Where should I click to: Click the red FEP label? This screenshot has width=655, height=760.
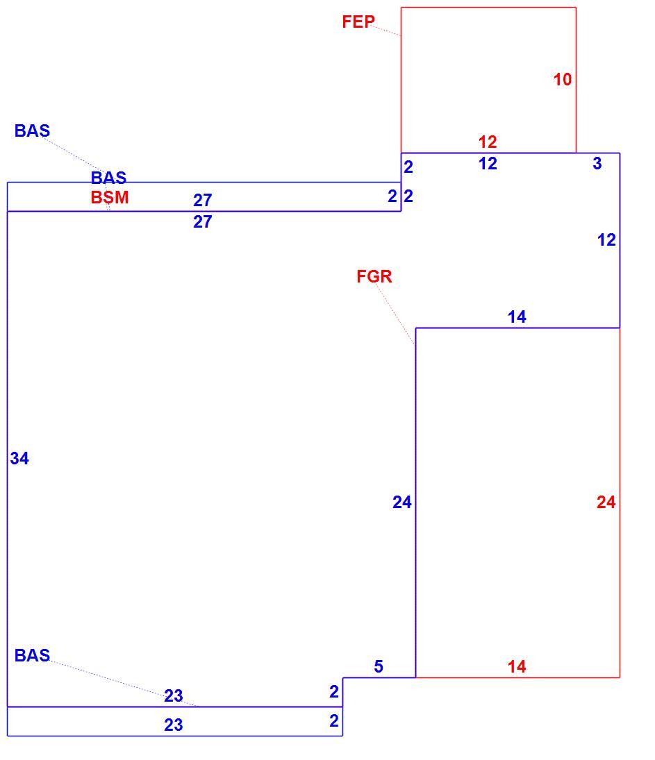click(358, 22)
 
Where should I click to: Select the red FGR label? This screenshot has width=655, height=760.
click(374, 276)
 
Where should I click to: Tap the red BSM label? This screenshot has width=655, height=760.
click(110, 197)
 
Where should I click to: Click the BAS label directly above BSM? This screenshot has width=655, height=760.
click(108, 178)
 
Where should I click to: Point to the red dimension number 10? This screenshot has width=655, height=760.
click(563, 80)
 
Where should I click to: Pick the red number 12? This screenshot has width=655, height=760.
click(488, 142)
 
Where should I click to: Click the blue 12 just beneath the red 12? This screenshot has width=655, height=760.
click(488, 163)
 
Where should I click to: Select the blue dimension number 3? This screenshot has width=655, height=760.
click(597, 163)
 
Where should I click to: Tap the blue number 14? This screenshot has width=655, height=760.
click(517, 317)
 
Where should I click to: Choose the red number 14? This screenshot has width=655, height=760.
click(517, 666)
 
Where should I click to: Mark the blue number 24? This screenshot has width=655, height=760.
click(402, 502)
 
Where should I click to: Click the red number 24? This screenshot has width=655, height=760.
click(606, 502)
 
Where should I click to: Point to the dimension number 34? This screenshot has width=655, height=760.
click(19, 458)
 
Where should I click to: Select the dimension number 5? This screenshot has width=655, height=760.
click(379, 666)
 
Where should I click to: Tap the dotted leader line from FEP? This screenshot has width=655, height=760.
click(387, 31)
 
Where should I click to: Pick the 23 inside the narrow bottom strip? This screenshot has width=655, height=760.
click(173, 725)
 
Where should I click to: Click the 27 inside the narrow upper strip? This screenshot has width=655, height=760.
click(203, 200)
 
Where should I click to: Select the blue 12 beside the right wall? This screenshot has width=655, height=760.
click(606, 239)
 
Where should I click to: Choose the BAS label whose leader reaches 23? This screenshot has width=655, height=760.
click(32, 655)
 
